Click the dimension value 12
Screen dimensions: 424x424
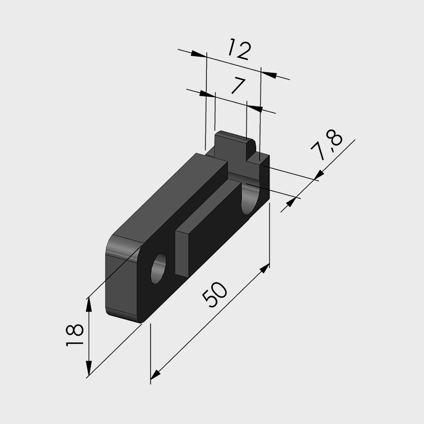pyautogui.click(x=240, y=50)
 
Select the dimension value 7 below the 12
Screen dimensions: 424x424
pyautogui.click(x=238, y=86)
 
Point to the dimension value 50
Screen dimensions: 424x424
pyautogui.click(x=215, y=295)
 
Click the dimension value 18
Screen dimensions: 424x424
pyautogui.click(x=75, y=335)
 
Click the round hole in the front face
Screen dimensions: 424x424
pyautogui.click(x=158, y=268)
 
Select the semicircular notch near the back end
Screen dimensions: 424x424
pyautogui.click(x=250, y=199)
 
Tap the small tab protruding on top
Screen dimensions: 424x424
pyautogui.click(x=235, y=146)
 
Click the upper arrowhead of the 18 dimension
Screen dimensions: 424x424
pyautogui.click(x=89, y=305)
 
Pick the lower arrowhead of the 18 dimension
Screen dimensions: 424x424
pyautogui.click(x=89, y=368)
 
